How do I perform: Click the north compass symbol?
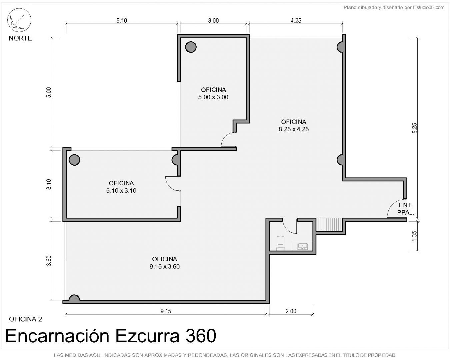pyautogui.click(x=19, y=20)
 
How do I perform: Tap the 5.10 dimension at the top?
pyautogui.click(x=121, y=20)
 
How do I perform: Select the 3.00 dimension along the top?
pyautogui.click(x=213, y=20)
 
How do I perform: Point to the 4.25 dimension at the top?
pyautogui.click(x=296, y=20)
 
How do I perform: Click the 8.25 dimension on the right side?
pyautogui.click(x=414, y=128)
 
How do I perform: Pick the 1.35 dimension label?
pyautogui.click(x=414, y=236)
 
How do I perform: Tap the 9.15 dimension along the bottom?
pyautogui.click(x=166, y=311)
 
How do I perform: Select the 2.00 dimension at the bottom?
pyautogui.click(x=291, y=311)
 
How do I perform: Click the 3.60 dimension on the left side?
pyautogui.click(x=49, y=261)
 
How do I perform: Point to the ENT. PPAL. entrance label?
pyautogui.click(x=405, y=209)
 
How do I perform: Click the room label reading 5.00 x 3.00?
pyautogui.click(x=213, y=97)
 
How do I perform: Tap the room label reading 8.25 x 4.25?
pyautogui.click(x=294, y=129)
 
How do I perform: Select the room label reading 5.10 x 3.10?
pyautogui.click(x=121, y=191)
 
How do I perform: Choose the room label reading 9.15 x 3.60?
pyautogui.click(x=165, y=266)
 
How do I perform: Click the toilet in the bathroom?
pyautogui.click(x=280, y=243)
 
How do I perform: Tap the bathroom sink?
pyautogui.click(x=302, y=246)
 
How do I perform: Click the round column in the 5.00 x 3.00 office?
pyautogui.click(x=191, y=47)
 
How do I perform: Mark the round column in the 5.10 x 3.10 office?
pyautogui.click(x=74, y=160)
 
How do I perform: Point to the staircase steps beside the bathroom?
pyautogui.click(x=329, y=224)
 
